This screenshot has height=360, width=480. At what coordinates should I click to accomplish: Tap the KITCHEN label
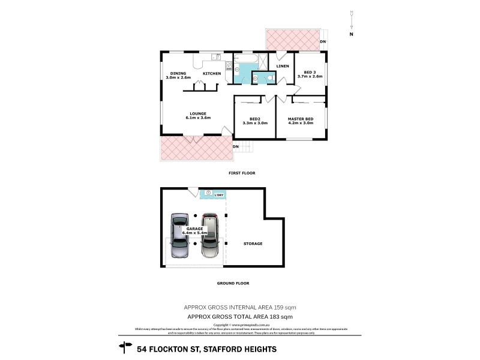pos(211,73)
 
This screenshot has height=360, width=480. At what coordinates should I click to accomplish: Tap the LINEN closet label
pos(283,65)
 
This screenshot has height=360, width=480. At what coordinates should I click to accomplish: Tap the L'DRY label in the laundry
pos(218,193)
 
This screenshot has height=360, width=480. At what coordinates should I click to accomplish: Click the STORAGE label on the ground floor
pos(253,244)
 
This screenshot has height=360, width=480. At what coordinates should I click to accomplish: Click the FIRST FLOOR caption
pos(242,173)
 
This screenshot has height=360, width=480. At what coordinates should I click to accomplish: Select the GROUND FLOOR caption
pos(234,283)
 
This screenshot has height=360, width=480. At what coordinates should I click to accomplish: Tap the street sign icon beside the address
pos(126,346)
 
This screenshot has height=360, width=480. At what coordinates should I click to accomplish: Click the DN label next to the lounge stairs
pos(236,146)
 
